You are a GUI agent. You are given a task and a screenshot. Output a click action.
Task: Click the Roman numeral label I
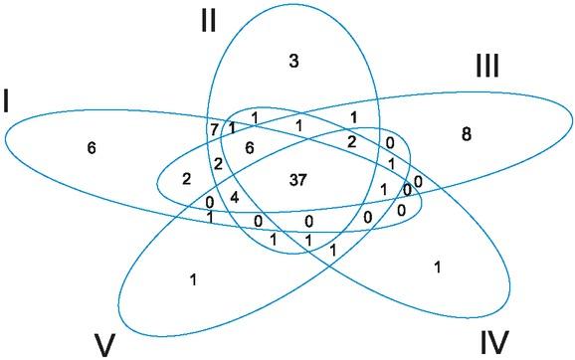click(9, 100)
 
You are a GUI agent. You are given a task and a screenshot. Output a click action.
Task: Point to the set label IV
click(493, 342)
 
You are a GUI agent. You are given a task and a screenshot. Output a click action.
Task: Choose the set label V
click(106, 344)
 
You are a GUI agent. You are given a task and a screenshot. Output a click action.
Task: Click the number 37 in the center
click(296, 180)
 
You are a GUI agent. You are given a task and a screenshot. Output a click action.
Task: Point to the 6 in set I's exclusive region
click(92, 148)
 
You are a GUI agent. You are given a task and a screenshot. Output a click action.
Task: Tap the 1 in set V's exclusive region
click(193, 279)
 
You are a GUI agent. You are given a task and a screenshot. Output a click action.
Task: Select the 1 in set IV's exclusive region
click(438, 266)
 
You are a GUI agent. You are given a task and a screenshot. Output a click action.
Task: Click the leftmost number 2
click(185, 179)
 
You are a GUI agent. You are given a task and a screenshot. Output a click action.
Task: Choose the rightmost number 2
click(351, 142)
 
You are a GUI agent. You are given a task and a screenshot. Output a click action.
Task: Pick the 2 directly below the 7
click(218, 163)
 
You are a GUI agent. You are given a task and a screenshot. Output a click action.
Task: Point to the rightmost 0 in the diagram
click(418, 181)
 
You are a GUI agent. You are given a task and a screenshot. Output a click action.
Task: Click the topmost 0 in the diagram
click(388, 142)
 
